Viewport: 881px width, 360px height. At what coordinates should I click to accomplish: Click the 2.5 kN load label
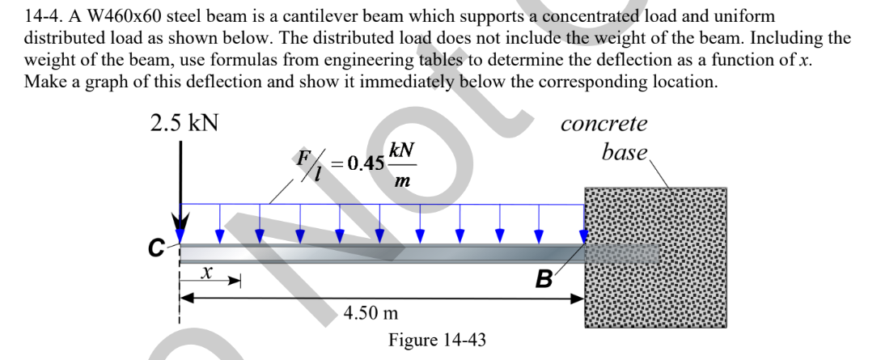[x=184, y=125]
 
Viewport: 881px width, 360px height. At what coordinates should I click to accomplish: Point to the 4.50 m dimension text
[x=371, y=312]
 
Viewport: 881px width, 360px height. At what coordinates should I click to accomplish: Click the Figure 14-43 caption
[x=438, y=339]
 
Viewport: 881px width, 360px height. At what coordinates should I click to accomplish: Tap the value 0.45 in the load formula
[x=365, y=163]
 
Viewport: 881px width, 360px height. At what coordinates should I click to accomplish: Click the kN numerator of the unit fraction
[x=401, y=150]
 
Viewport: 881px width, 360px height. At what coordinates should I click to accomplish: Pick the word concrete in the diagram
[x=604, y=125]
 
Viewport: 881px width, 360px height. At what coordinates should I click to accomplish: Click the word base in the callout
[x=625, y=151]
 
